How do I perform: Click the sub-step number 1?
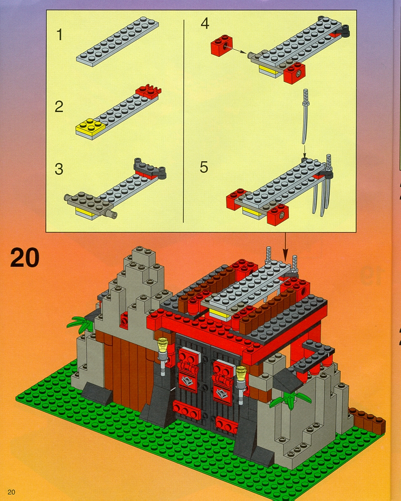pos(59,35)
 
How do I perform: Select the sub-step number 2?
pos(59,107)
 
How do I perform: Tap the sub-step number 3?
pos(59,169)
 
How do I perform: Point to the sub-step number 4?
pos(205,24)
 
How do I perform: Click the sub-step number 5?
pos(204,167)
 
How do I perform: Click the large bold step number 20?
pos(25,257)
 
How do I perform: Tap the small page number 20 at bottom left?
pos(12,492)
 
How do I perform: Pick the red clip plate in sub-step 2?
pos(148,91)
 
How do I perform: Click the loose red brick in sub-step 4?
pos(222,45)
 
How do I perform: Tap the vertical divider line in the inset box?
pos(184,121)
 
